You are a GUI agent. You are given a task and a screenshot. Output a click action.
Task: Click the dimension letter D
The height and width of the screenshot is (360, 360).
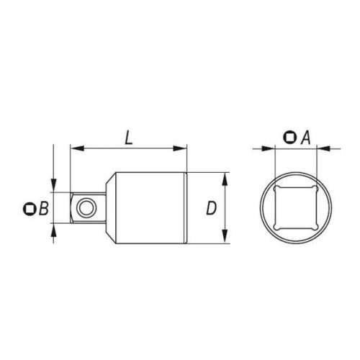(x=210, y=209)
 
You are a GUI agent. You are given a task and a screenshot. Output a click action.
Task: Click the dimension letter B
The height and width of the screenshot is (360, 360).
(x=43, y=209)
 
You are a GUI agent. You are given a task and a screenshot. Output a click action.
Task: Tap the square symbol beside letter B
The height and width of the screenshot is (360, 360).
(x=30, y=209)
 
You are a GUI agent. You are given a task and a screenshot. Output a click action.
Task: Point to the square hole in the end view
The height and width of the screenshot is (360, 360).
(x=293, y=209)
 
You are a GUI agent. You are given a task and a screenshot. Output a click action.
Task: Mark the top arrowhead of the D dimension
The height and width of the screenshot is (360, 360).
(x=226, y=177)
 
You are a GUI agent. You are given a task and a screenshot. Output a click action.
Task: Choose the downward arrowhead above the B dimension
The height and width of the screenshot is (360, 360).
(x=53, y=184)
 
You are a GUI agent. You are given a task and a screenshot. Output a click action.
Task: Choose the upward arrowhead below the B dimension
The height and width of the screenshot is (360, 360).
(x=53, y=233)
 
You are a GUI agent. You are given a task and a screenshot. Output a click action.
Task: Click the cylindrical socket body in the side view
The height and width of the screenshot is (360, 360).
(x=151, y=209)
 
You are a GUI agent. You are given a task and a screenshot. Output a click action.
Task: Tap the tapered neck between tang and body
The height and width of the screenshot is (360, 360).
(x=105, y=209)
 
